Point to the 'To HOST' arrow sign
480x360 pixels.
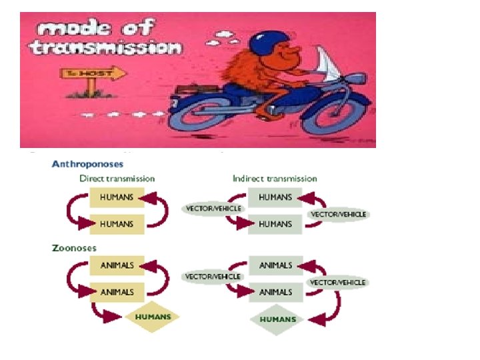[94, 73]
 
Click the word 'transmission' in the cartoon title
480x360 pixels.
[107, 48]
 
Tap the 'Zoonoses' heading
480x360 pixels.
[74, 249]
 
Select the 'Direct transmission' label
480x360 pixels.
[117, 178]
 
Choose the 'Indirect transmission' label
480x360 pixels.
[275, 178]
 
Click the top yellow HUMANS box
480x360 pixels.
[117, 197]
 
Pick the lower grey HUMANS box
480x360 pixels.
[275, 224]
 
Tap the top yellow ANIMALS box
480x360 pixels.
[117, 265]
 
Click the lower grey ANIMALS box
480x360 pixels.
[275, 291]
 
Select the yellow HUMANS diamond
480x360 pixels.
[153, 317]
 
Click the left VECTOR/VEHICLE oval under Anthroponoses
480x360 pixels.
[213, 208]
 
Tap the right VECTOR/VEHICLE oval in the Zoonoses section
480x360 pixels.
[337, 282]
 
